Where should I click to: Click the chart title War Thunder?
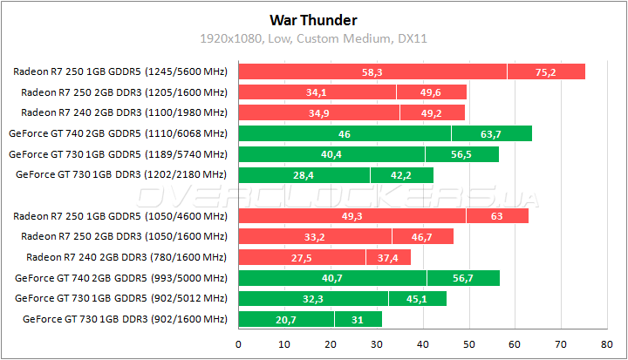pos(313,19)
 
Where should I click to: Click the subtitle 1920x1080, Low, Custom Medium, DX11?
pos(313,38)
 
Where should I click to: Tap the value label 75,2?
pos(546,71)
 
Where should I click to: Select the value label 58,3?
pos(372,71)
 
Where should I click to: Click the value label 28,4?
pos(304,174)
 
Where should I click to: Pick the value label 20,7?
pos(287,320)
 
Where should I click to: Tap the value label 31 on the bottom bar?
pos(358,320)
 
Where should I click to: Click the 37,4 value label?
pos(388,257)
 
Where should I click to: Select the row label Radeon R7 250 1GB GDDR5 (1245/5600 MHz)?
pos(120,71)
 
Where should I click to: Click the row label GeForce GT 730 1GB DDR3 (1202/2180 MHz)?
pos(121,174)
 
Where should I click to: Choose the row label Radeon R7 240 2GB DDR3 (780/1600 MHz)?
pos(126,257)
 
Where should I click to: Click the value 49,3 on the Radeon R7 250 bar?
pos(352,216)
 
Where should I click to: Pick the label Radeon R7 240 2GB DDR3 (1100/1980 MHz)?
pos(124,112)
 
